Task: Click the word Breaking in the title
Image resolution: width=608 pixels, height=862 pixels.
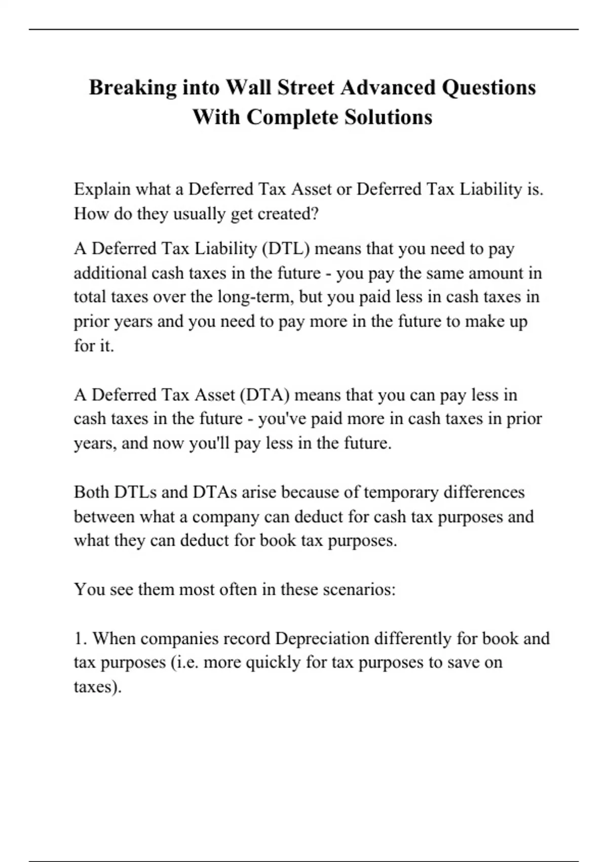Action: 133,88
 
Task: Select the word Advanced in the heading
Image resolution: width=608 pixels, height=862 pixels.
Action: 388,88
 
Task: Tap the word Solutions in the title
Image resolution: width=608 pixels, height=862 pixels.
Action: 388,117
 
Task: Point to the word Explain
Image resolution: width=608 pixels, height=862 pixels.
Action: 102,189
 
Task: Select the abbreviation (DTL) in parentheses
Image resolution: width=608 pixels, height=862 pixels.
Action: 286,248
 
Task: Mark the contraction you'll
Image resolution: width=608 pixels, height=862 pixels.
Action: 209,443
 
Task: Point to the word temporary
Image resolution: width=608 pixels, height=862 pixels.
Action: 401,492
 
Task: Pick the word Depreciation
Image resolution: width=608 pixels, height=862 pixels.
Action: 322,638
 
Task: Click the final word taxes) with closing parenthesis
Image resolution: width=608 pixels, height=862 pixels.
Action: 98,687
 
